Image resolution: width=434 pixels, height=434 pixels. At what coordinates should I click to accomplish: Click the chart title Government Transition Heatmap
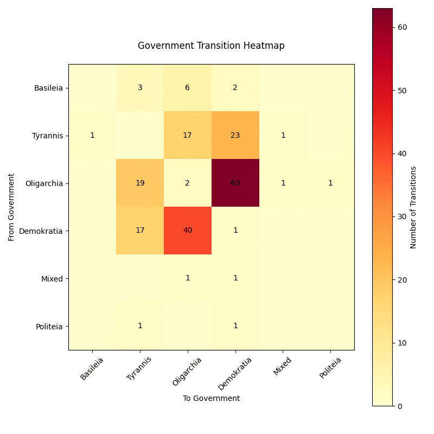(211, 46)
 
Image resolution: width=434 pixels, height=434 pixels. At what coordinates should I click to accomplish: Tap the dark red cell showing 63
(235, 183)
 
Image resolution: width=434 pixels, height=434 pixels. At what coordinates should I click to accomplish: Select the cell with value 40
(188, 231)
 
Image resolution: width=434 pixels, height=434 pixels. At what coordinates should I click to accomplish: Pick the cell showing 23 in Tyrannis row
(235, 135)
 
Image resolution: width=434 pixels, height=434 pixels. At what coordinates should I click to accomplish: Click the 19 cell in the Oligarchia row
(140, 183)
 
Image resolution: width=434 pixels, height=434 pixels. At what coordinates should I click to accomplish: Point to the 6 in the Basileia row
(188, 88)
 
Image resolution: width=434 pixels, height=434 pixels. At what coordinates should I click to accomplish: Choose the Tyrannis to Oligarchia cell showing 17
(188, 135)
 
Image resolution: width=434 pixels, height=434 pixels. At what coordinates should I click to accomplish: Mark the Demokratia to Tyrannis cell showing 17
(140, 231)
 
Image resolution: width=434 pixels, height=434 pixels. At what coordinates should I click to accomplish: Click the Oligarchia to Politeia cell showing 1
(330, 183)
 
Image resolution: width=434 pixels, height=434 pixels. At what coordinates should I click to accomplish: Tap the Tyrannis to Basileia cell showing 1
(92, 135)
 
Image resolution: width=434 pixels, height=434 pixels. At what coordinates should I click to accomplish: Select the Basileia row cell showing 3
(140, 88)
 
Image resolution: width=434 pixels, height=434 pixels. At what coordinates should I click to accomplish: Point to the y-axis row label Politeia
(49, 326)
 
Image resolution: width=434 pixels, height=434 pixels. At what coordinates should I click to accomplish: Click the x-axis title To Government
(211, 398)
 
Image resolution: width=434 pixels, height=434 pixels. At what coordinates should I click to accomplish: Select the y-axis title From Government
(11, 207)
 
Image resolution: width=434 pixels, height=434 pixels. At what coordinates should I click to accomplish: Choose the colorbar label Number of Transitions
(413, 207)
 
